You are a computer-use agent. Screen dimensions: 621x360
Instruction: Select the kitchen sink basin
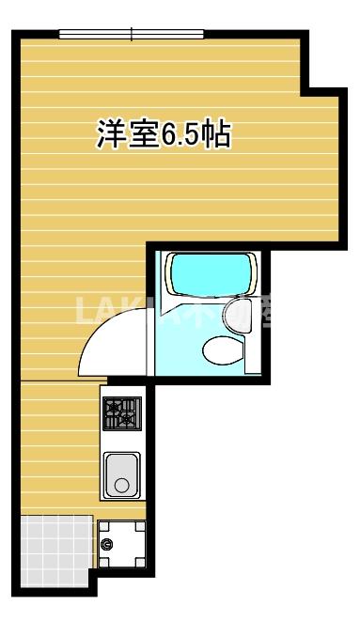pos(121,474)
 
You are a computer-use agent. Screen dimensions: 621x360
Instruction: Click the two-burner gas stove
pos(121,413)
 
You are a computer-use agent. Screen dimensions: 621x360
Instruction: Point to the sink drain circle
pos(121,486)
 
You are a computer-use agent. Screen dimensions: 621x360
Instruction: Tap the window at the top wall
pos(132,35)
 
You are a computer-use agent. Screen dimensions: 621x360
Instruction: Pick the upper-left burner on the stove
pos(114,406)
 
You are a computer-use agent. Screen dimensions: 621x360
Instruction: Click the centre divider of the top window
pos(132,35)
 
